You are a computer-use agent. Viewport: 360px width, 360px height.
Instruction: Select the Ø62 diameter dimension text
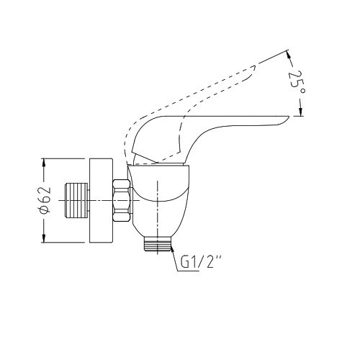click(x=45, y=199)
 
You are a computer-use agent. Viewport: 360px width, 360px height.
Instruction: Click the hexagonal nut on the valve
click(x=122, y=200)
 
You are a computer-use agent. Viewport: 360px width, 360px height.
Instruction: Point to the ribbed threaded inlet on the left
click(x=76, y=200)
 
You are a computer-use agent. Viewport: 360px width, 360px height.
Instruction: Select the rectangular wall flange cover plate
click(x=101, y=200)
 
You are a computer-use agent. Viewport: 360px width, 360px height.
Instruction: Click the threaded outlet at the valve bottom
click(x=158, y=243)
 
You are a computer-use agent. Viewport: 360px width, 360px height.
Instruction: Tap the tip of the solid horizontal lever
click(x=289, y=117)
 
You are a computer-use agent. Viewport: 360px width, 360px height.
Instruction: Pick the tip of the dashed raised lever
click(x=255, y=66)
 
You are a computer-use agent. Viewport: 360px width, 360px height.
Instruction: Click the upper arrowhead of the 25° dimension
click(x=289, y=55)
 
